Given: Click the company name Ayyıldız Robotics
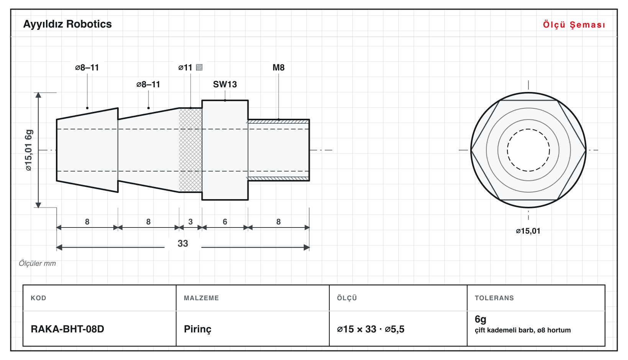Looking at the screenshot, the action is tap(67, 24).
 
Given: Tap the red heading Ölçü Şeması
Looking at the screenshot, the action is tap(574, 25).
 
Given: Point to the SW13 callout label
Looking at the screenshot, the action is tap(225, 84).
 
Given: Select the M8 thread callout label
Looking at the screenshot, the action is tap(278, 67).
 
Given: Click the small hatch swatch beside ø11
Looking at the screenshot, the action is tap(199, 67).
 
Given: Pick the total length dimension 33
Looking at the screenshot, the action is tap(183, 243).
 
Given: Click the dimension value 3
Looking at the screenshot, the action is tap(191, 222).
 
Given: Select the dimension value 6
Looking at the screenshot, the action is tap(225, 222).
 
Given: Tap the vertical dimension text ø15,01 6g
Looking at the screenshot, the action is tap(29, 150).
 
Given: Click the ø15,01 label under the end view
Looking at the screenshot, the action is tap(528, 231).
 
